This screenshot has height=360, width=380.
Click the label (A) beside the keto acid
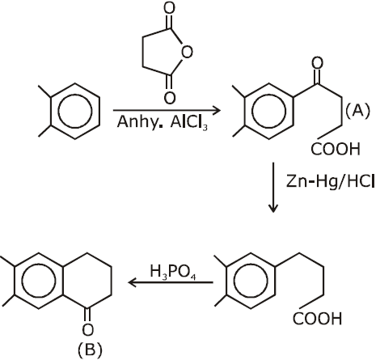(x=357, y=111)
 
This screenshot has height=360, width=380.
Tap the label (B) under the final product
(x=90, y=349)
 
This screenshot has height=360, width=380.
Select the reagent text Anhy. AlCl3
(x=163, y=123)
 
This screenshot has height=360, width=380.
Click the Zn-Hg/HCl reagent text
(x=330, y=181)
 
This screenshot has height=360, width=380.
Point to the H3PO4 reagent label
(x=173, y=272)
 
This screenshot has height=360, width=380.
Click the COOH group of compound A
(x=336, y=149)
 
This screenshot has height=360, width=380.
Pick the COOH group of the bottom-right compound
(x=317, y=319)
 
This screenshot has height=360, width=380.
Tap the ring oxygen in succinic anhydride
(x=187, y=52)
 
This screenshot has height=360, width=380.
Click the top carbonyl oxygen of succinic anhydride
(x=169, y=7)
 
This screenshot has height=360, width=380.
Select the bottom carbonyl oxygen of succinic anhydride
(x=170, y=98)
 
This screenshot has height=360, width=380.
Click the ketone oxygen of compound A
(x=317, y=63)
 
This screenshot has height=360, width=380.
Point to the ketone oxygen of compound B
(x=88, y=329)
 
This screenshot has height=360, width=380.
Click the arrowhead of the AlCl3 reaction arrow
(x=217, y=110)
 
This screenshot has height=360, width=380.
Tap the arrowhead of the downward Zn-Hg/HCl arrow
(x=273, y=209)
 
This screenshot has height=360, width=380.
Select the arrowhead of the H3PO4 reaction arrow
(x=132, y=282)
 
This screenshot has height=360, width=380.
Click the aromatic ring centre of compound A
(x=268, y=112)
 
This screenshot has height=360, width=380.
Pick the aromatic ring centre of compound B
(x=39, y=281)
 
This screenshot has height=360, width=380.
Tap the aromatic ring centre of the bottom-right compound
(x=251, y=281)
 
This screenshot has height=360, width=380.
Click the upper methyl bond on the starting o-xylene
(x=44, y=91)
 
